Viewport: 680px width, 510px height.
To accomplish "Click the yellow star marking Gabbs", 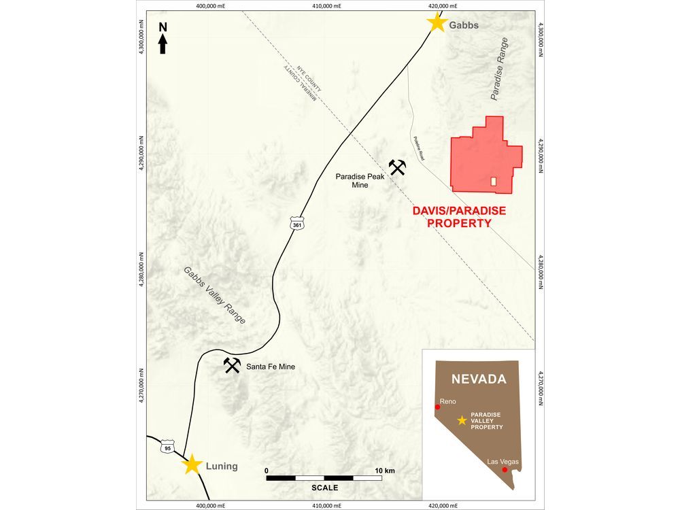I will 437,23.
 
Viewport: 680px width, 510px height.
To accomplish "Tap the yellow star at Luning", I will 192,464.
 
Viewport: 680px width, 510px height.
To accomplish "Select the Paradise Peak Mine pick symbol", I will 397,167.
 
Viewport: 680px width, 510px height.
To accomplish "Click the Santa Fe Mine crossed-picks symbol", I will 232,365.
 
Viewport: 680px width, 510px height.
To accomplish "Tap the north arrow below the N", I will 163,44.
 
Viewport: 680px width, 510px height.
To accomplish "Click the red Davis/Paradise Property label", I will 459,216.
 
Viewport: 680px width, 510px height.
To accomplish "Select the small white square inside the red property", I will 494,182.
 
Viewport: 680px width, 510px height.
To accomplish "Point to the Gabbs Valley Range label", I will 214,294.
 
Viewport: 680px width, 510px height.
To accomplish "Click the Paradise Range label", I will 499,70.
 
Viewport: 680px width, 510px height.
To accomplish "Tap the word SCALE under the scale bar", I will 324,488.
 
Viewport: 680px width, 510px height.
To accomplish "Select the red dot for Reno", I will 438,407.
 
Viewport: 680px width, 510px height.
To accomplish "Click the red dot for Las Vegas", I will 504,470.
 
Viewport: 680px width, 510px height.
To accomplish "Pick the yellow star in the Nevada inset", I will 462,420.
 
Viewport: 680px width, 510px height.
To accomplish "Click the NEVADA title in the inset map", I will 479,379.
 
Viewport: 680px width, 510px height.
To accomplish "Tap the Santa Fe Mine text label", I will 270,367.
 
